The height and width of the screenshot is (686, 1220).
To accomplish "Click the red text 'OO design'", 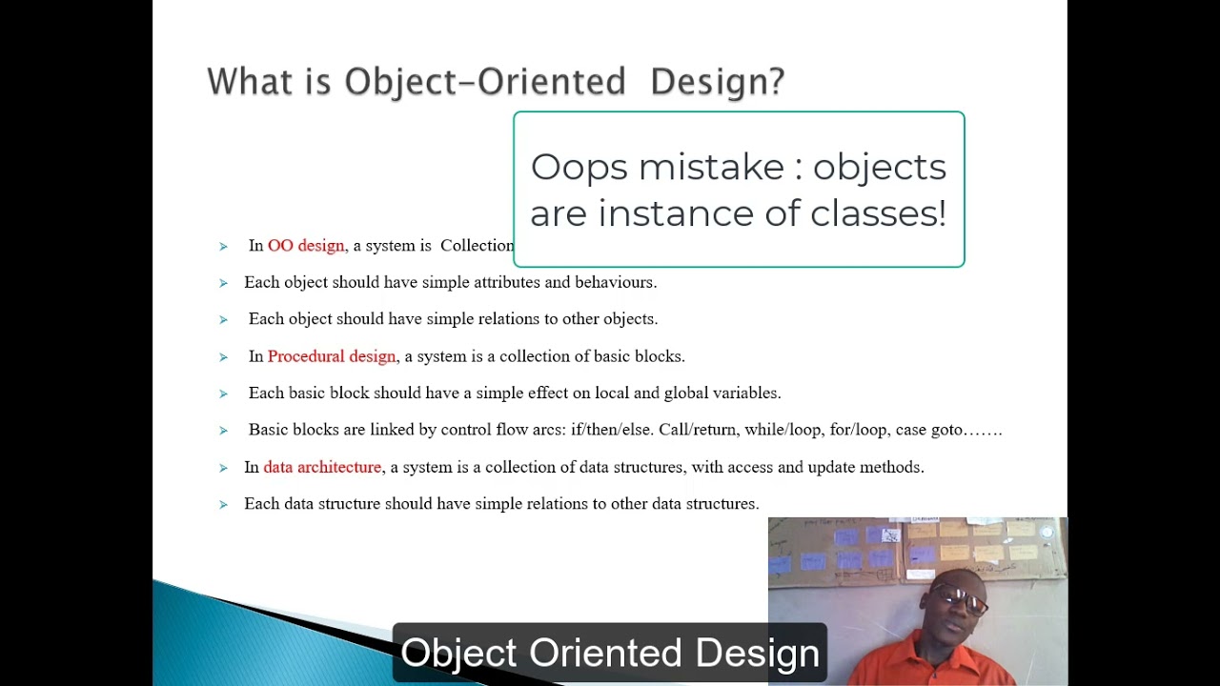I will [x=306, y=246].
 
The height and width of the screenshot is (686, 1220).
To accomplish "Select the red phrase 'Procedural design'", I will [x=332, y=356].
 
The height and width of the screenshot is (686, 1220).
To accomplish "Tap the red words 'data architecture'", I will [x=322, y=467].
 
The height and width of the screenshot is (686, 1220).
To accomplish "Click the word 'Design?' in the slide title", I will [x=717, y=82].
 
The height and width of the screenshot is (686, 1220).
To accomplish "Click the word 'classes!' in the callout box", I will [x=878, y=213].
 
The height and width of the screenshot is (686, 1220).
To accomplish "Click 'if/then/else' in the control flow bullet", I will [x=612, y=430].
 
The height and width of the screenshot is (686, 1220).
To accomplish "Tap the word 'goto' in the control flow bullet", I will [x=947, y=430].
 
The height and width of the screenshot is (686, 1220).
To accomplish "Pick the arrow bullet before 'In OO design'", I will [x=223, y=247].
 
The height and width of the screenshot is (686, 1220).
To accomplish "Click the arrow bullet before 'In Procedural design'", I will [x=223, y=357].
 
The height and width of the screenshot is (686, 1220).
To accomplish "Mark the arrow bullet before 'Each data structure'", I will [x=223, y=504].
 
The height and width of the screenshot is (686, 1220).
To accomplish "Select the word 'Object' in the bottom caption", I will [x=459, y=654].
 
